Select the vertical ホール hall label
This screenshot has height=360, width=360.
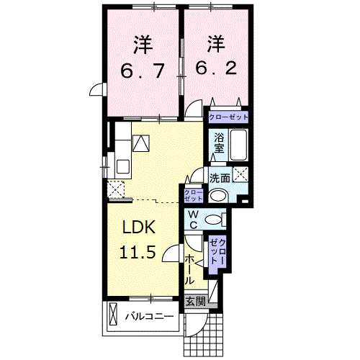tap(189, 268)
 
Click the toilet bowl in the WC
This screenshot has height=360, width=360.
tap(213, 220)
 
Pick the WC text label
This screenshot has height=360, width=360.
tap(194, 220)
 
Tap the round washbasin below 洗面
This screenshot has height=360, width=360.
tap(219, 194)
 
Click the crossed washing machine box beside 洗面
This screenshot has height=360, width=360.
tap(241, 175)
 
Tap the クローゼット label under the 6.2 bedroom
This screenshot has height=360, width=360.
tap(228, 117)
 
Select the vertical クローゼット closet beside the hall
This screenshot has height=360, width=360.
tap(217, 254)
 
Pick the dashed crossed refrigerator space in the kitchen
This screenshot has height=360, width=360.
tap(115, 189)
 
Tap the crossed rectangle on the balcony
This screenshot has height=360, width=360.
tap(114, 315)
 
